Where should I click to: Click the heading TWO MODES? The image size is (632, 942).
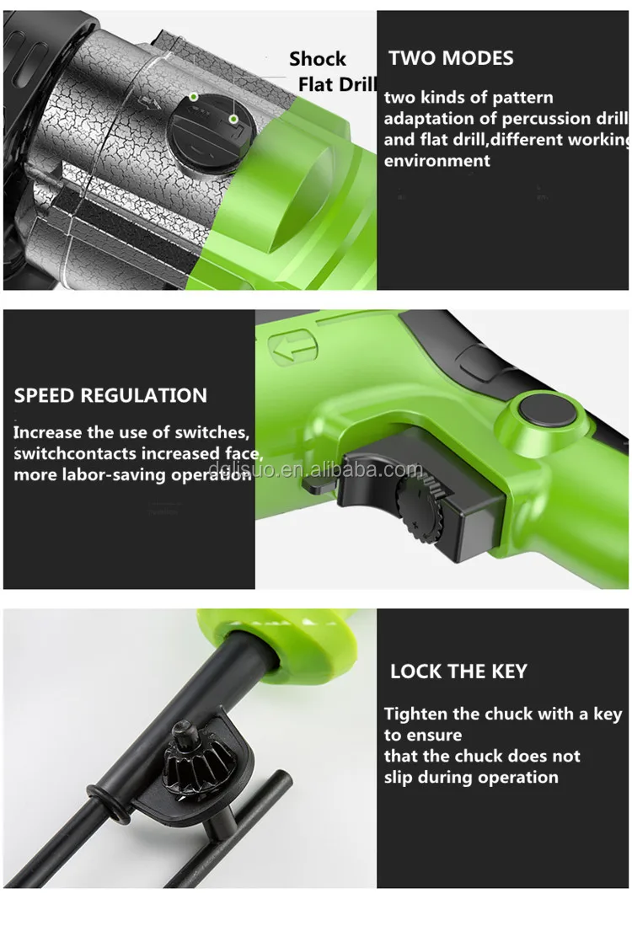tap(451, 58)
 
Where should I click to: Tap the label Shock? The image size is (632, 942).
tap(317, 59)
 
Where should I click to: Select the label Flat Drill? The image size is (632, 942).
tap(337, 84)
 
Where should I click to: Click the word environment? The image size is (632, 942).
tap(437, 160)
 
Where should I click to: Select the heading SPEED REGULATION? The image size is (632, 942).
tap(110, 395)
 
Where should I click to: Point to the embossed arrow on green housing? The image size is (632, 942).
tap(293, 347)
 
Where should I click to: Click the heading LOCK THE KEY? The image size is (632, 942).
tap(458, 671)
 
